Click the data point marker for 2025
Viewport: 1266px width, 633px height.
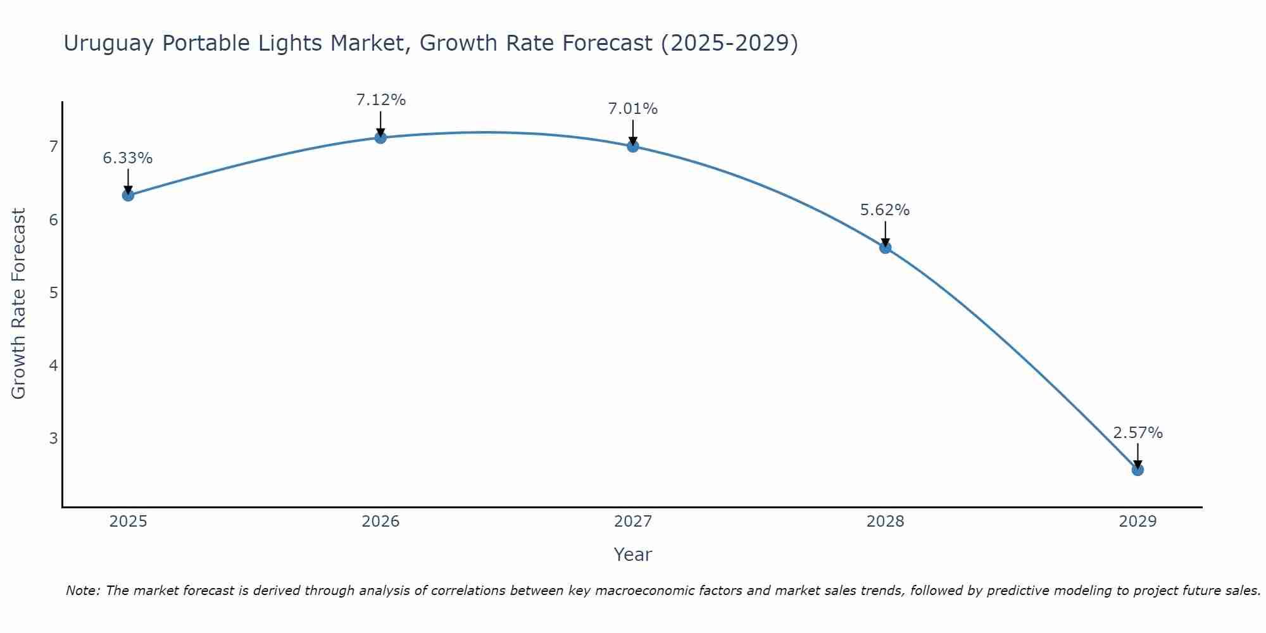128,195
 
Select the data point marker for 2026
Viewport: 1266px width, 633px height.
380,137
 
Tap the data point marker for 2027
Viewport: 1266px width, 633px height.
633,146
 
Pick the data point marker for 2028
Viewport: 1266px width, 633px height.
885,248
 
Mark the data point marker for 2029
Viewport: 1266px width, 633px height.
1138,470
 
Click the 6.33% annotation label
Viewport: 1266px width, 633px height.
128,158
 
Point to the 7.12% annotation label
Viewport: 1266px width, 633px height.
380,100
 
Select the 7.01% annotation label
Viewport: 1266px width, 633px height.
633,109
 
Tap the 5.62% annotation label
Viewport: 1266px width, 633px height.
885,210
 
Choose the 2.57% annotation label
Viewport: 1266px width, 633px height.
1138,433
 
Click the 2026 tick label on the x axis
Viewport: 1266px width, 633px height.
380,522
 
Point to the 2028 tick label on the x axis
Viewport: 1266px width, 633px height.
885,522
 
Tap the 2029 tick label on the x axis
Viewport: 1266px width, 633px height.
1138,522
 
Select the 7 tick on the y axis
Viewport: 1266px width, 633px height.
53,147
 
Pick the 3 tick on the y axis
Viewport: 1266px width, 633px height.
53,438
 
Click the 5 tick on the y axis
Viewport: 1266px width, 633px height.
53,292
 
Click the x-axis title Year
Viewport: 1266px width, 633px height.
632,555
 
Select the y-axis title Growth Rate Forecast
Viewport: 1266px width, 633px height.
19,304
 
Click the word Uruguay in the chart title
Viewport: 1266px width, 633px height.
108,44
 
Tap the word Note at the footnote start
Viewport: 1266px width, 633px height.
83,591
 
